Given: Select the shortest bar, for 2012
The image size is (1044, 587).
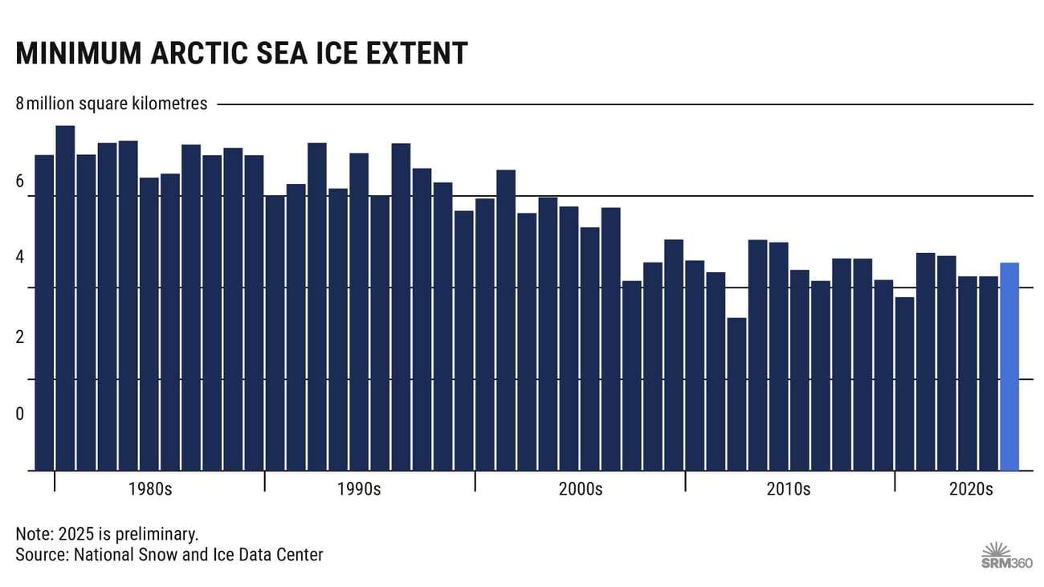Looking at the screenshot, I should [736, 393].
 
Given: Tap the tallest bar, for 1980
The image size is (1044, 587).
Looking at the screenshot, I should [65, 298].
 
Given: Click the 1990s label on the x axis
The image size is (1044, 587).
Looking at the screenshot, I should [359, 489].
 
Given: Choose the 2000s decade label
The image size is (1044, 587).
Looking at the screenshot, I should [580, 489].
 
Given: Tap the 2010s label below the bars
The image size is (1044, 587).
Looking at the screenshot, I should [788, 489].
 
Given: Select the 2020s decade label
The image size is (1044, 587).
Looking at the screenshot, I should [972, 489].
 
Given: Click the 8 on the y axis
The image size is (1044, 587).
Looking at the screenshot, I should [19, 104].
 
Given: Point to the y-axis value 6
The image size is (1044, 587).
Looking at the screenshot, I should [19, 182].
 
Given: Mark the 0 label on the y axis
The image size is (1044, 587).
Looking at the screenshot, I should [19, 414].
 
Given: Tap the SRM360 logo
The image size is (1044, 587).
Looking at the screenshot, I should [1006, 554].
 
